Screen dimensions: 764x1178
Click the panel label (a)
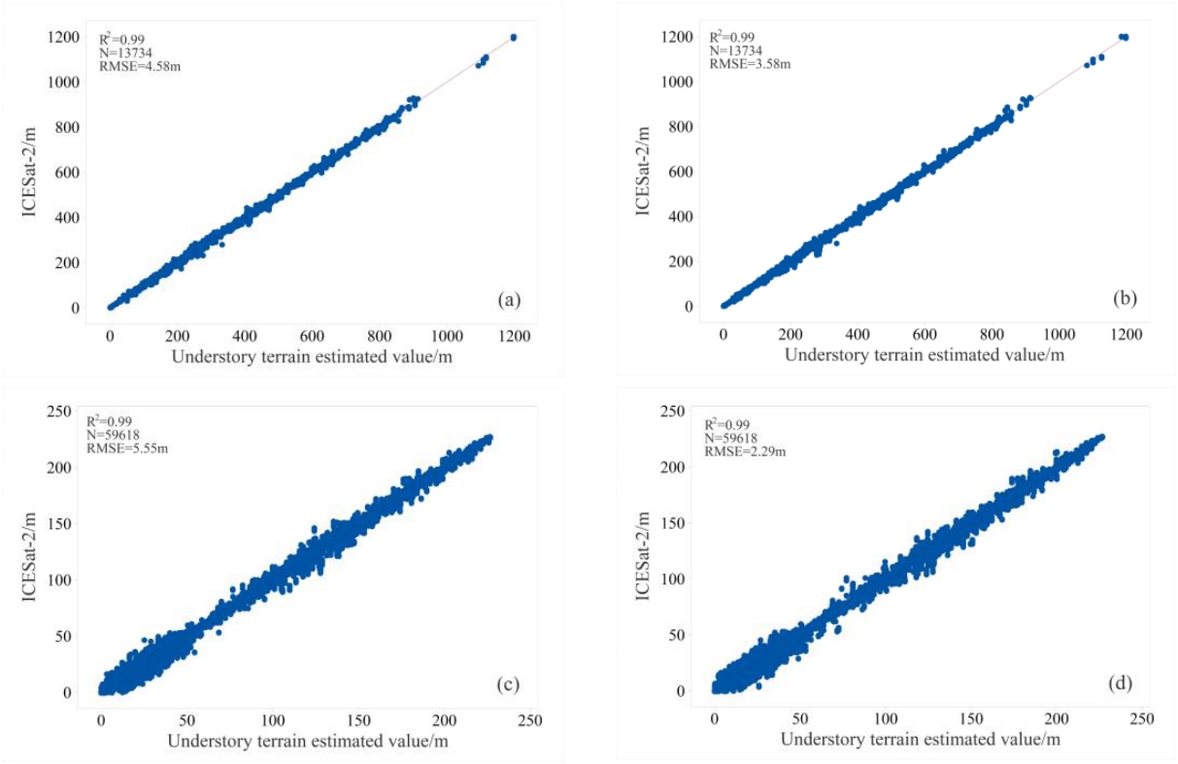[508, 301]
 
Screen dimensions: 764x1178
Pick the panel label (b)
[1127, 299]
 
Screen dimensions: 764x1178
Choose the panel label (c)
[507, 684]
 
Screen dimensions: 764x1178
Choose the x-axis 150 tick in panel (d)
[970, 718]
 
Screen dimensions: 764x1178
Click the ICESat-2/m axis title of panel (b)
[644, 172]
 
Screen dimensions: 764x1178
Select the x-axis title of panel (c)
[307, 743]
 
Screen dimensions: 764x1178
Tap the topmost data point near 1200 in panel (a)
[513, 37]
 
